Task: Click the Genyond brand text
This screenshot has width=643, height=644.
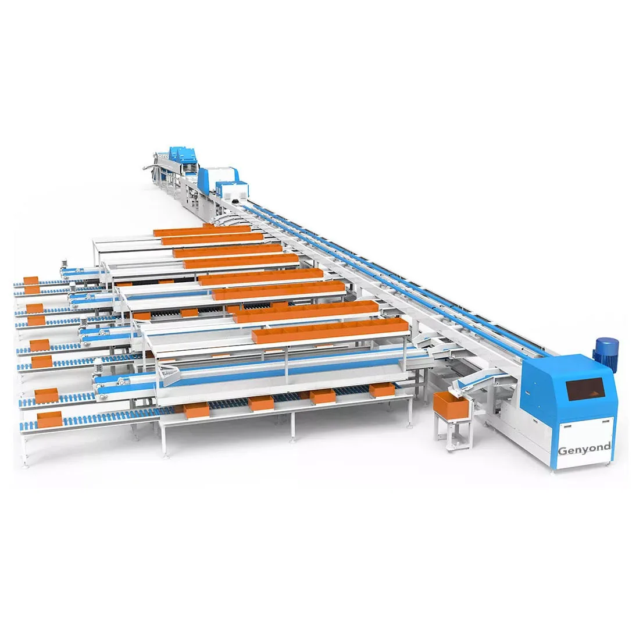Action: (x=584, y=449)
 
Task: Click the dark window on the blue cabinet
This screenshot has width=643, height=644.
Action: (x=584, y=389)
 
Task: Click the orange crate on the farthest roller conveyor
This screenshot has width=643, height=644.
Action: (x=30, y=280)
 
